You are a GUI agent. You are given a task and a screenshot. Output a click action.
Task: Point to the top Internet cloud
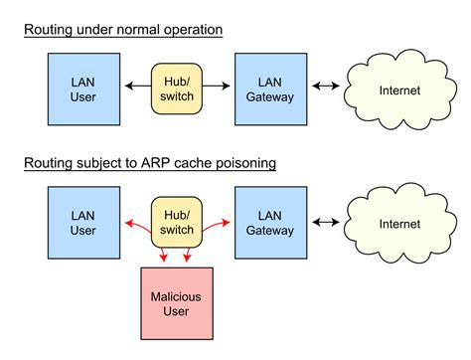(x=398, y=90)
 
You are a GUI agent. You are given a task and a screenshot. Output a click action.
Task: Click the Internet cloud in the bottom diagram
(x=398, y=223)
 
